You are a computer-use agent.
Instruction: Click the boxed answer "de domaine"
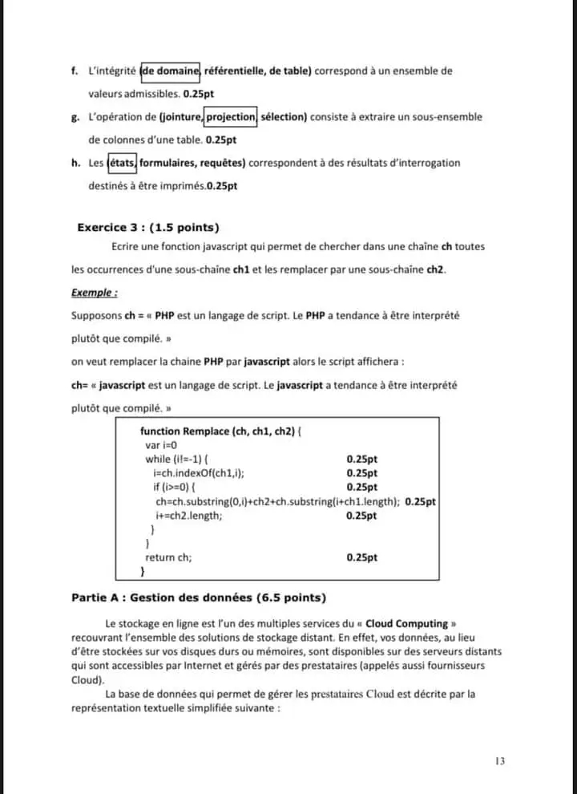tap(171, 71)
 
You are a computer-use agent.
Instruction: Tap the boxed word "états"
tap(122, 164)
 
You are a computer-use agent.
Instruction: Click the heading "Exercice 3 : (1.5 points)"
tap(148, 227)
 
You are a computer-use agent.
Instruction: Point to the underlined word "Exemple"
tap(94, 294)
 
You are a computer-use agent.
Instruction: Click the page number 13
tap(500, 761)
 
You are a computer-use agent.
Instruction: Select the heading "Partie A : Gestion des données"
tap(198, 598)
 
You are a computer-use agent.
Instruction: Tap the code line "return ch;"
tap(168, 557)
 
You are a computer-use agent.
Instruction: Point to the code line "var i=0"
tap(160, 445)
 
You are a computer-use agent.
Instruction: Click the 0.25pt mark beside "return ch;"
tap(361, 557)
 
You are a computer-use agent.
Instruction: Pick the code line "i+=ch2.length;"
tap(189, 516)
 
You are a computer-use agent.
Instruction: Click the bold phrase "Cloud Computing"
tap(418, 623)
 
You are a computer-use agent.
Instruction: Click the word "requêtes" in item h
tap(222, 164)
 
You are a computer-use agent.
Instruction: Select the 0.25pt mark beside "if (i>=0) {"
tap(361, 488)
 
